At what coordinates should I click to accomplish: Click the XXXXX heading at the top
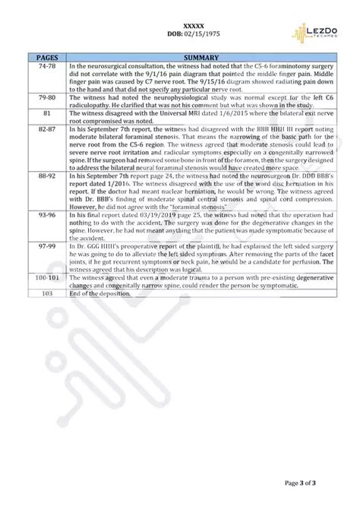click(179, 26)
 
